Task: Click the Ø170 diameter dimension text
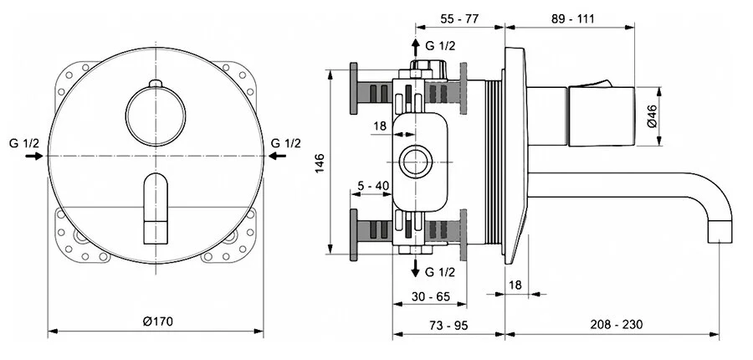[x=157, y=321]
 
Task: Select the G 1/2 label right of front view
[x=286, y=143]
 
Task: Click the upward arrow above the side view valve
[x=417, y=47]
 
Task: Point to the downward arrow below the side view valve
[x=417, y=268]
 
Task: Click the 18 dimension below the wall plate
[x=515, y=285]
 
